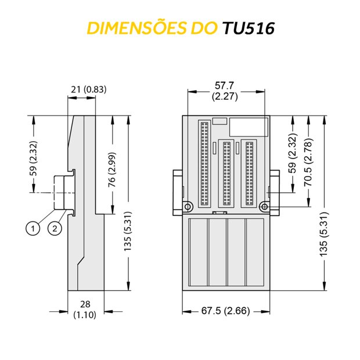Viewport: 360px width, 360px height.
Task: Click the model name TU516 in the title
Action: coord(249,28)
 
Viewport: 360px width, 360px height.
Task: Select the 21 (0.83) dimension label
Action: coord(89,89)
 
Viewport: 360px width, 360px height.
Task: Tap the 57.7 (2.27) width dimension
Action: coord(225,91)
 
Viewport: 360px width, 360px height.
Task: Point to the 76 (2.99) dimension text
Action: coord(112,170)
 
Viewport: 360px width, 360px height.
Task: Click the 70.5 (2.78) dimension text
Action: coord(308,162)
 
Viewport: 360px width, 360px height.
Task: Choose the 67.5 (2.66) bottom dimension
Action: coord(225,311)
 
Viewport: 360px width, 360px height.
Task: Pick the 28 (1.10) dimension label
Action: coord(85,309)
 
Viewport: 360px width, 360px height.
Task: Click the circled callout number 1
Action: coord(33,228)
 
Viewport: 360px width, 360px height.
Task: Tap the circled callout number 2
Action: coord(55,228)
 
